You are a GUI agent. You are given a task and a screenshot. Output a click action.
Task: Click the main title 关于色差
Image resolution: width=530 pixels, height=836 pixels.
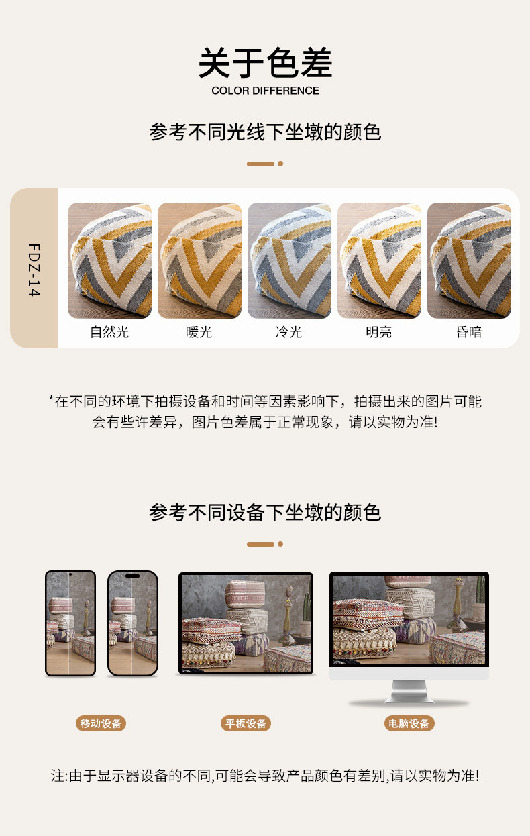click(265, 62)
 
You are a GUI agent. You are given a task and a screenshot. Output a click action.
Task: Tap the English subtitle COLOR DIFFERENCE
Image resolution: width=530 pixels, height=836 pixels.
click(265, 91)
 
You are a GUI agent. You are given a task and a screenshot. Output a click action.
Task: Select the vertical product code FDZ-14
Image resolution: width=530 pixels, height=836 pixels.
click(34, 270)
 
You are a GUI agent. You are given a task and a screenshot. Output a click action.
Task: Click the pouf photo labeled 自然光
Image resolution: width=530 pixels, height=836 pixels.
click(110, 260)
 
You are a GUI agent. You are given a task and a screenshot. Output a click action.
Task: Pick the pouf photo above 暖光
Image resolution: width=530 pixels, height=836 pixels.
click(200, 260)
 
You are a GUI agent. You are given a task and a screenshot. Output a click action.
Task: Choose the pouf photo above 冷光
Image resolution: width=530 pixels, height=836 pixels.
click(289, 260)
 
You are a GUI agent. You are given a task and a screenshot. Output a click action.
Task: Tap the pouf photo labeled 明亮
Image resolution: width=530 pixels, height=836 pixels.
click(379, 260)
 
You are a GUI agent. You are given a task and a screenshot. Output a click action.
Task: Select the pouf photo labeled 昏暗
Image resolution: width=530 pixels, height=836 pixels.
click(469, 260)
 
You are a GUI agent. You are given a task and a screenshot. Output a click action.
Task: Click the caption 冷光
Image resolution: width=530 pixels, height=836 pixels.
click(289, 332)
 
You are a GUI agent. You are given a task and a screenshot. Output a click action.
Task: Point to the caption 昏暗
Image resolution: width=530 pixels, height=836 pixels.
click(469, 332)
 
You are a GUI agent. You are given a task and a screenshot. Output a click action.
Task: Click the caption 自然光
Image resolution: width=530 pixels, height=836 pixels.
click(110, 332)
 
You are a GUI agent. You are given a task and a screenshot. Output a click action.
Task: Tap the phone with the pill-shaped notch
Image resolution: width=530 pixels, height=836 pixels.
click(133, 623)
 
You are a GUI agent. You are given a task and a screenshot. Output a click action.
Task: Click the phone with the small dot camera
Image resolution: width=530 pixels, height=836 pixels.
click(70, 623)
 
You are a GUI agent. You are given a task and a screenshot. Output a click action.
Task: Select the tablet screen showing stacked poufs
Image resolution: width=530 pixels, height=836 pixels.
click(246, 623)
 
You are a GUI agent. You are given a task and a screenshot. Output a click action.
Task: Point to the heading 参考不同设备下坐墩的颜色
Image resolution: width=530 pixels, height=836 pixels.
click(265, 512)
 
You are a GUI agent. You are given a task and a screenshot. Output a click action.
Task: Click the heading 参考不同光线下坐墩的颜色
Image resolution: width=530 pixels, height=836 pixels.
click(265, 132)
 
